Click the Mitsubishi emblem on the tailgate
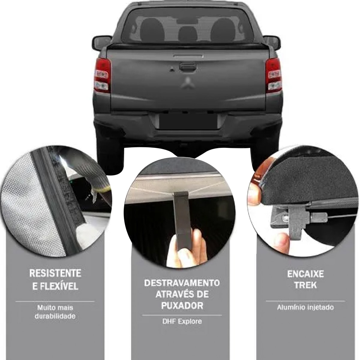point(187,83)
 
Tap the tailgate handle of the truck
point(187,67)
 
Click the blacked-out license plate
point(188,121)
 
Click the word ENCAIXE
point(305,274)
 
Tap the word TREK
point(305,285)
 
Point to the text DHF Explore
point(182,321)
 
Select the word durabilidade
point(55,316)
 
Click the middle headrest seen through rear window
point(188,34)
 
